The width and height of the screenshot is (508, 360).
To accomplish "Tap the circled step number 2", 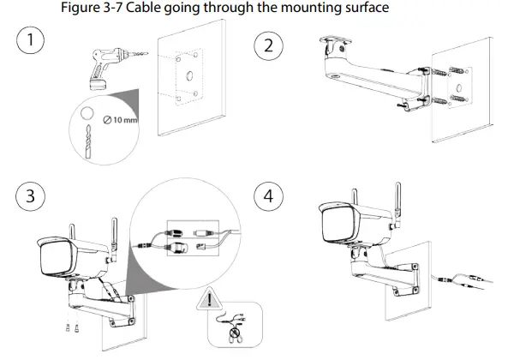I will pyautogui.click(x=272, y=45).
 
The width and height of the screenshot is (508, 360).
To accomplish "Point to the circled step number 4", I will pyautogui.click(x=272, y=195).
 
